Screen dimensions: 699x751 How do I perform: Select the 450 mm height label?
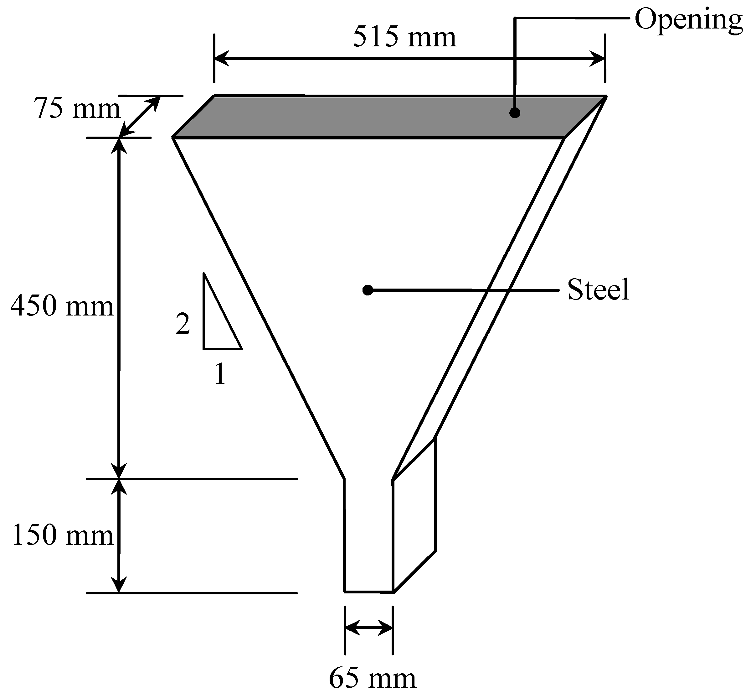pos(62,306)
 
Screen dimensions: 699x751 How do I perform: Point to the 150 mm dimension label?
pos(63,536)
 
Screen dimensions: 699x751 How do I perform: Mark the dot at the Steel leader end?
pos(368,290)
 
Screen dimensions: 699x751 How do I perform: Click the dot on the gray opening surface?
pos(515,113)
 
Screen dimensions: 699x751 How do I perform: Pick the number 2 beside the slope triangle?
pos(183,324)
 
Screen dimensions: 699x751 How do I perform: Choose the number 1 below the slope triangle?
pos(220,374)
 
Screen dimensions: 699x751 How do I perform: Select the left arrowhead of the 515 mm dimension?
pos(221,59)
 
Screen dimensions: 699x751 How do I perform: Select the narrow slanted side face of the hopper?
pos(499,287)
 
